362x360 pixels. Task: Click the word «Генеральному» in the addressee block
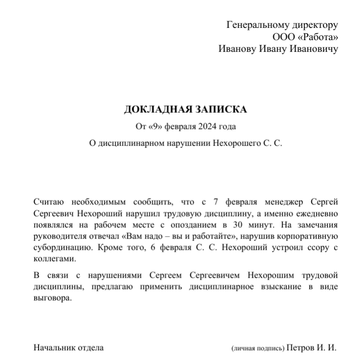click(256, 24)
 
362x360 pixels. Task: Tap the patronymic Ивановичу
click(312, 49)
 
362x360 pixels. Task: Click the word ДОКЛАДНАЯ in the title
click(153, 109)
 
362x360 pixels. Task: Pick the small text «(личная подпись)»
click(258, 349)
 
